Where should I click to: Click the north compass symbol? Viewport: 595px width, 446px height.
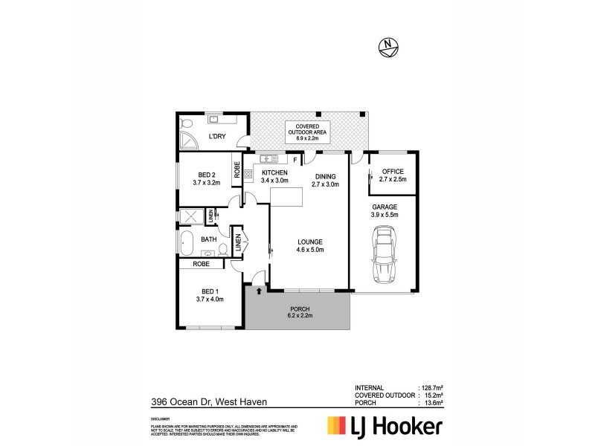388,46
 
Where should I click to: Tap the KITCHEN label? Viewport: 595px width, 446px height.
274,172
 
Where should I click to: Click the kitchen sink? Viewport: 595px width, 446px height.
268,158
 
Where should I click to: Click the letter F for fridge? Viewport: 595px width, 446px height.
295,159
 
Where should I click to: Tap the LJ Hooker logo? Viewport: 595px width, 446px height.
385,426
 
